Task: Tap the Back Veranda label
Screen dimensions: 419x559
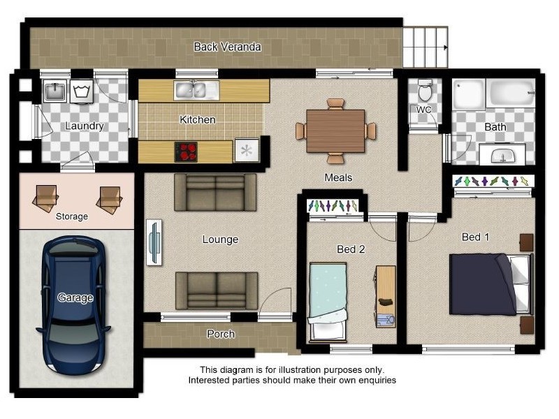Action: pyautogui.click(x=227, y=47)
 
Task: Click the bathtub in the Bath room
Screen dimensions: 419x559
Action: pyautogui.click(x=511, y=94)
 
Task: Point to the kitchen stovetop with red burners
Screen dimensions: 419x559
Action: pyautogui.click(x=186, y=152)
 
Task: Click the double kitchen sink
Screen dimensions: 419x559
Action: pyautogui.click(x=196, y=89)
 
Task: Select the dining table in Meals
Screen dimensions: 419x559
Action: pyautogui.click(x=335, y=131)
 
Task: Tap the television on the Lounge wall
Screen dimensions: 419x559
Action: pyautogui.click(x=154, y=242)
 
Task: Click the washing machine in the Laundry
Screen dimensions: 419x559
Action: pyautogui.click(x=82, y=91)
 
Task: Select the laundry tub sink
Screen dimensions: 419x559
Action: pyautogui.click(x=55, y=91)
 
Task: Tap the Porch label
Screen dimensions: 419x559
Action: pyautogui.click(x=221, y=335)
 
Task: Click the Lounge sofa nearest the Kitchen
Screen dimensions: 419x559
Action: pyautogui.click(x=215, y=192)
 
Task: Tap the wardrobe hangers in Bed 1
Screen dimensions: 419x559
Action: pyautogui.click(x=493, y=182)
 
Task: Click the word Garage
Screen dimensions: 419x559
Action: pyautogui.click(x=75, y=297)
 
